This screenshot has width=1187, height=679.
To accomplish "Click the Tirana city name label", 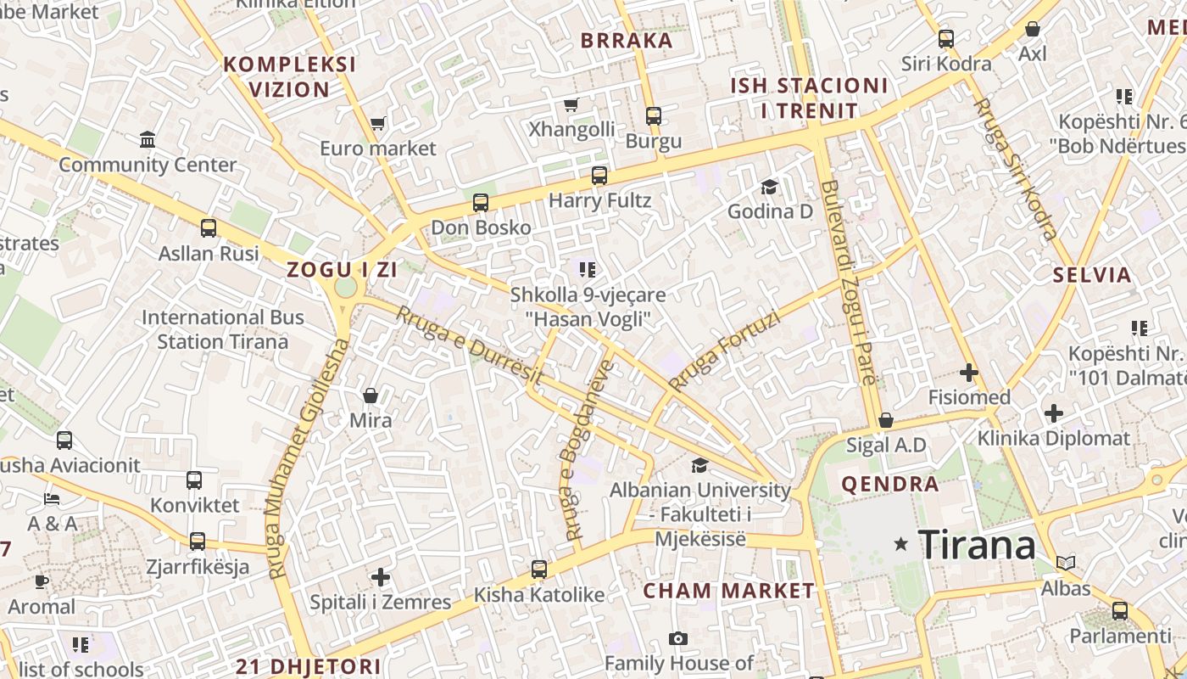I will click(x=977, y=544).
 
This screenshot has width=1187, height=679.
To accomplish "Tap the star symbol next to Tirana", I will click(x=900, y=544).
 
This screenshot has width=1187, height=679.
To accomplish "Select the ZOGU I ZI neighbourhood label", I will click(x=342, y=270).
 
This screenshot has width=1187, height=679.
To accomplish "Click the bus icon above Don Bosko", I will click(x=481, y=203).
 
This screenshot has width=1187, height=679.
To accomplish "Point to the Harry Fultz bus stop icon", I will click(x=599, y=176).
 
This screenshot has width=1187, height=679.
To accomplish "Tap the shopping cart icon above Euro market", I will click(x=378, y=124).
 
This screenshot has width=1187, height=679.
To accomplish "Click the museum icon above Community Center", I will click(x=148, y=139).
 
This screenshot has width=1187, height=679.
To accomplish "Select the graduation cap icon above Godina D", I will click(x=769, y=187).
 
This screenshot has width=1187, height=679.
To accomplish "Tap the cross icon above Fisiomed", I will click(x=969, y=372).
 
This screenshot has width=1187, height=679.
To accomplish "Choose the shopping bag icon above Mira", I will click(x=371, y=396).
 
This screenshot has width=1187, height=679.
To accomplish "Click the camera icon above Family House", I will click(x=677, y=638).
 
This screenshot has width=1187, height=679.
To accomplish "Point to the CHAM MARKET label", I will click(x=729, y=591).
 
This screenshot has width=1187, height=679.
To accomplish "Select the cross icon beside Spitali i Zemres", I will click(x=381, y=578).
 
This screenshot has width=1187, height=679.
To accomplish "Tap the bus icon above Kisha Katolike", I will click(x=538, y=570).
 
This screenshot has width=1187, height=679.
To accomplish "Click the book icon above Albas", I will click(x=1066, y=563).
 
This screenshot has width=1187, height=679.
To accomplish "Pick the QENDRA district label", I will click(x=889, y=485).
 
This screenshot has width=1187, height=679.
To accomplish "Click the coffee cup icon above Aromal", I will click(x=42, y=581).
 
